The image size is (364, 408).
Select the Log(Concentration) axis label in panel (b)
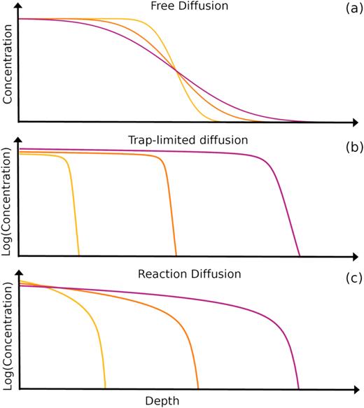coord(8,203)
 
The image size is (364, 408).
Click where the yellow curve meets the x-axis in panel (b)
coord(79,255)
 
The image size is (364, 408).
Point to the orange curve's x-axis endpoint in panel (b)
coord(176,255)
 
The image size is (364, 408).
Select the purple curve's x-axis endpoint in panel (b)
coord(300,255)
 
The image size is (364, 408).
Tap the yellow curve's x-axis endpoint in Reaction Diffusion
coord(105,388)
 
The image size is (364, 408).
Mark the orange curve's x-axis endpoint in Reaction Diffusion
coord(198,388)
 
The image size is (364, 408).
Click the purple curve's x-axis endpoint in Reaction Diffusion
coord(299,388)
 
